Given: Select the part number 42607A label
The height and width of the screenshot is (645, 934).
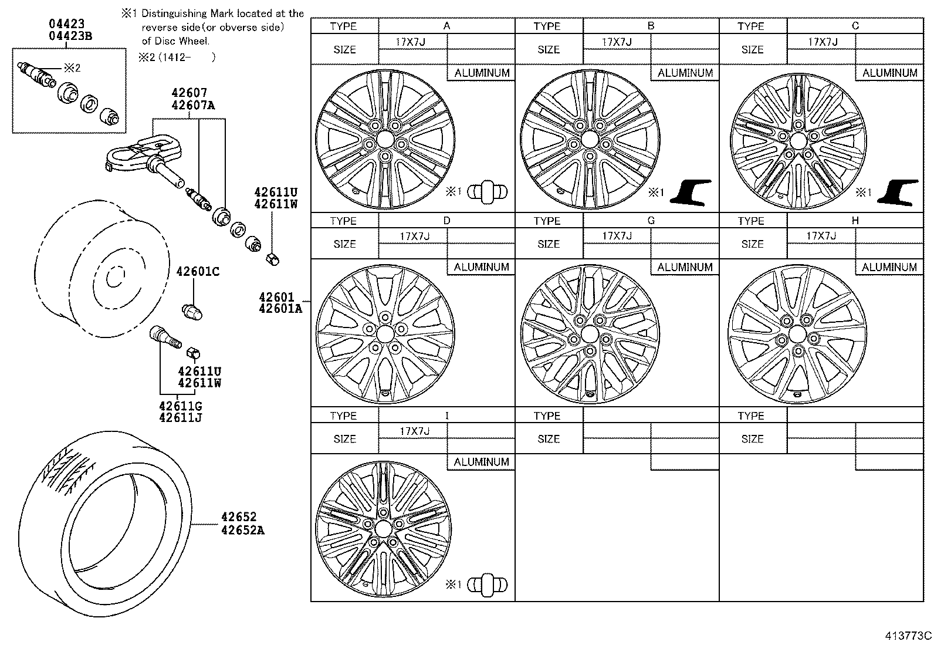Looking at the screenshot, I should (194, 105).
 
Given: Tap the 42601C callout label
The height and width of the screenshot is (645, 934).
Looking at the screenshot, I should (198, 272).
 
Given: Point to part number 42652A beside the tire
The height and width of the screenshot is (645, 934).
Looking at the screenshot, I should (242, 530).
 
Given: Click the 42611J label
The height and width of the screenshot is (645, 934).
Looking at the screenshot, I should (180, 418).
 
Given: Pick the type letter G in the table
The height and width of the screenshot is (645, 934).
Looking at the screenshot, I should (651, 221).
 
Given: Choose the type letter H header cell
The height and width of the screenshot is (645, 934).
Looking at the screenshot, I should (855, 221).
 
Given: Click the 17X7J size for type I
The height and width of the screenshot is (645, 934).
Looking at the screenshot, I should (414, 431).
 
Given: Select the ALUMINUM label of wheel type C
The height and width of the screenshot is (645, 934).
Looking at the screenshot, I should (889, 73).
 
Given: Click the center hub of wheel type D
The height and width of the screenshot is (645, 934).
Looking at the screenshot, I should (385, 335).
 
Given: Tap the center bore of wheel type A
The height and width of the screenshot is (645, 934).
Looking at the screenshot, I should (385, 140).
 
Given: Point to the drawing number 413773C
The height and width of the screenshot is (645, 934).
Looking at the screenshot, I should (909, 636).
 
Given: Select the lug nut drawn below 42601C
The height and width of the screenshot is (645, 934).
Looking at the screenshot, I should (192, 311).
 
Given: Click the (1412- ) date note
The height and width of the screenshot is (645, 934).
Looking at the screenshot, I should (185, 57).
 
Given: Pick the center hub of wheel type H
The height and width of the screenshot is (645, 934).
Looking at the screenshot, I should (797, 335).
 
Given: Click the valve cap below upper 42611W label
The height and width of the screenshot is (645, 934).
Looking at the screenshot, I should (273, 257).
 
